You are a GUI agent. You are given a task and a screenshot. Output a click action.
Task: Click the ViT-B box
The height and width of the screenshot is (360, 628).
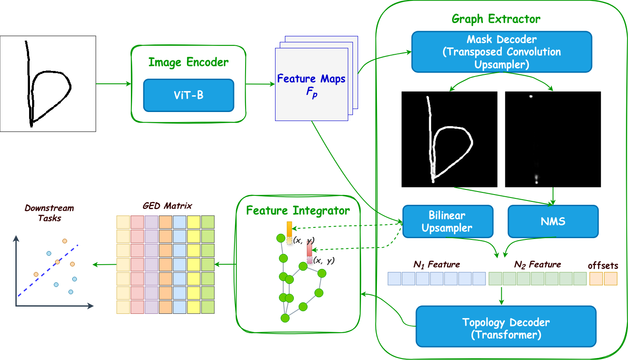189,95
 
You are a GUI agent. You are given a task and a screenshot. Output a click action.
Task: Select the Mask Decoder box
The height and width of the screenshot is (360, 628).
501,52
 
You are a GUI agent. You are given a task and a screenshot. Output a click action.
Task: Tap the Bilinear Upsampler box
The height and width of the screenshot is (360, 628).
447,221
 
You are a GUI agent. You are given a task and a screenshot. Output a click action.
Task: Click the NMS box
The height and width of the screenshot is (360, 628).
553,221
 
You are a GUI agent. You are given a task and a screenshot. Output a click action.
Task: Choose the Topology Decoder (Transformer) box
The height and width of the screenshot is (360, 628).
506,328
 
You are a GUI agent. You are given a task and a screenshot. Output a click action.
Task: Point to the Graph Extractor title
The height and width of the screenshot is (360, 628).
496,19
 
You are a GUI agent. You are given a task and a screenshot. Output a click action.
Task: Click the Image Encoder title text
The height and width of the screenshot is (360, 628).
188,62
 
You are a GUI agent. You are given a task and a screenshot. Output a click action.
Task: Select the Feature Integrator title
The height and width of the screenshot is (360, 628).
298,210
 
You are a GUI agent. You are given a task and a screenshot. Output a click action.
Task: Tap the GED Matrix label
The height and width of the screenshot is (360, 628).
167,206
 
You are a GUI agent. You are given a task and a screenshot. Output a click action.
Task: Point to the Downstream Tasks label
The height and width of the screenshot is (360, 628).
49,213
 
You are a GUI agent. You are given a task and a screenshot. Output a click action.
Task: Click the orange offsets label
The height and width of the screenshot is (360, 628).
603,266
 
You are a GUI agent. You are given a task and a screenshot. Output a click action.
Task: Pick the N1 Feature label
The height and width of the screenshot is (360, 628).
437,265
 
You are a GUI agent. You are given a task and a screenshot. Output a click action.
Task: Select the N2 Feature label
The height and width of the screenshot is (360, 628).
537,265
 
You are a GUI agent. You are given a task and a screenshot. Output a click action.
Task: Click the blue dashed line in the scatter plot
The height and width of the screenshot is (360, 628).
47,271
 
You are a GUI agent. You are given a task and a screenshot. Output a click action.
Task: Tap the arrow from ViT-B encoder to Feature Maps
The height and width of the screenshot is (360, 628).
261,84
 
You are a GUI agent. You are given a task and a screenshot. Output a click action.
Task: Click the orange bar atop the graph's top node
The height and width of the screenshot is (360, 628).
289,229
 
